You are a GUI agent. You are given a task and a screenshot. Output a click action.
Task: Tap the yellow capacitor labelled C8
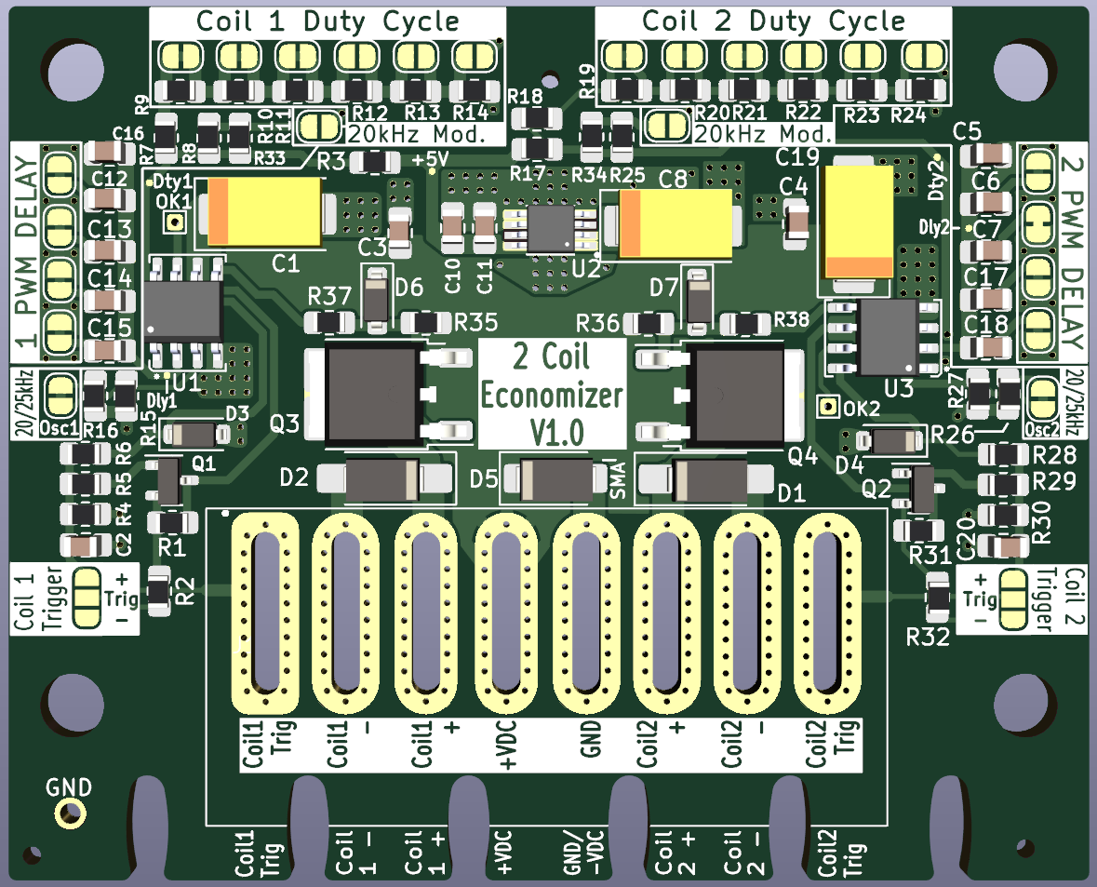tap(676, 223)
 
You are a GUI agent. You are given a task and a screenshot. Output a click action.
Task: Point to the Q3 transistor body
tap(369, 393)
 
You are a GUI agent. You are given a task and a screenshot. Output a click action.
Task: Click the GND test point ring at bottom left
tap(70, 813)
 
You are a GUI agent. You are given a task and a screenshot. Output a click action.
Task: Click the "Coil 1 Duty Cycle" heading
tap(328, 21)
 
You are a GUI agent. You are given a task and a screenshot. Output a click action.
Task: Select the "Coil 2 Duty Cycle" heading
tap(773, 21)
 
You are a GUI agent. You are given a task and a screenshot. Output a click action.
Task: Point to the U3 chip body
tap(889, 330)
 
